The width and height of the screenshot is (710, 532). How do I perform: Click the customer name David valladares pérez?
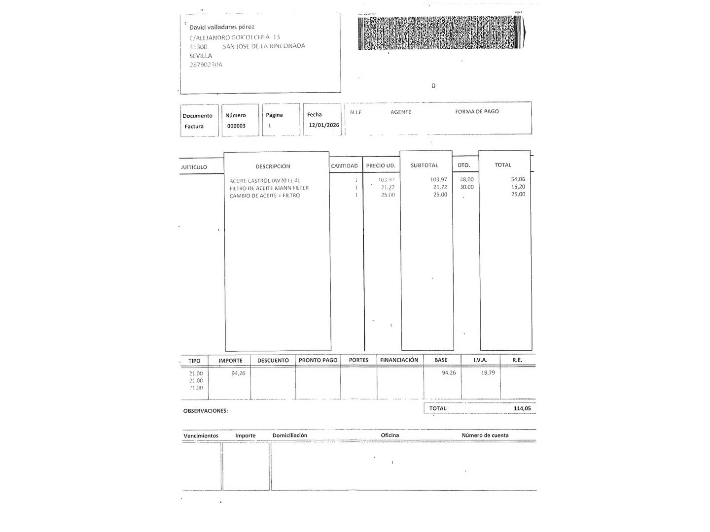tap(222, 27)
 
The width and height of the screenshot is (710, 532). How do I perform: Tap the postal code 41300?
tap(198, 47)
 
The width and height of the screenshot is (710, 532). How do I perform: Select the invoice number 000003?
tap(236, 126)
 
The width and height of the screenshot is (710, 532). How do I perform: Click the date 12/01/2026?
tap(324, 125)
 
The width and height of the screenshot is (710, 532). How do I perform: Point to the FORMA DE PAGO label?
tap(477, 112)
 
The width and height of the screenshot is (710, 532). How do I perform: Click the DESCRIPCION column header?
tap(273, 166)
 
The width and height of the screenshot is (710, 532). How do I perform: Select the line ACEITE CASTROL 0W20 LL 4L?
tap(264, 181)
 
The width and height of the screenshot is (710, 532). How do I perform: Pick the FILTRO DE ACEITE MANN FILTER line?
tap(269, 188)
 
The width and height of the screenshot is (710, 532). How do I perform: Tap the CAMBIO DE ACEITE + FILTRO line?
tap(264, 196)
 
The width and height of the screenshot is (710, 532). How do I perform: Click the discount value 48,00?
tap(466, 179)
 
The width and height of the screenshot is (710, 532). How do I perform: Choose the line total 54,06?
tap(518, 179)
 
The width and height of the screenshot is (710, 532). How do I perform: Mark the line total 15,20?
tap(518, 187)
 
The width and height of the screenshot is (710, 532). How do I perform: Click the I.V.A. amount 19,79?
tap(488, 373)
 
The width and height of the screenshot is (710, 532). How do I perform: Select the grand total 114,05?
tap(522, 408)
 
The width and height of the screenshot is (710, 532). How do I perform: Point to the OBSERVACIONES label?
tap(206, 411)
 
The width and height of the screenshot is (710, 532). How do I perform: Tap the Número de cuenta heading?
tap(485, 435)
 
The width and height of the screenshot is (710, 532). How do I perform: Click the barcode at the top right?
tap(440, 33)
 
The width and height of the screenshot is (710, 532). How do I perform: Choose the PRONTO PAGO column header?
tap(318, 360)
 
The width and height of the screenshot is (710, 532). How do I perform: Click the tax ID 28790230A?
tap(206, 65)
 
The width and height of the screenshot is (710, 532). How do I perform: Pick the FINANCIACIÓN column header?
tap(399, 360)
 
